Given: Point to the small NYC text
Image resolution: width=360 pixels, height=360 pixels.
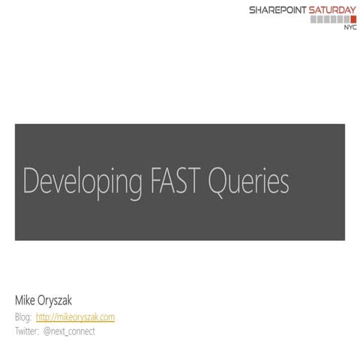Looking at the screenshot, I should pos(350,28).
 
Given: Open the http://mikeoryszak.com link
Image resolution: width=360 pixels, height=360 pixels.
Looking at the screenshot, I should pos(75,317).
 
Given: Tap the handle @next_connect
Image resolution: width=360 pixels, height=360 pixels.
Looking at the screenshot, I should pos(70,331).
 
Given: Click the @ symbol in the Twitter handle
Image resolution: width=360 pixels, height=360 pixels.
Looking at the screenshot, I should pos(49,331).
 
